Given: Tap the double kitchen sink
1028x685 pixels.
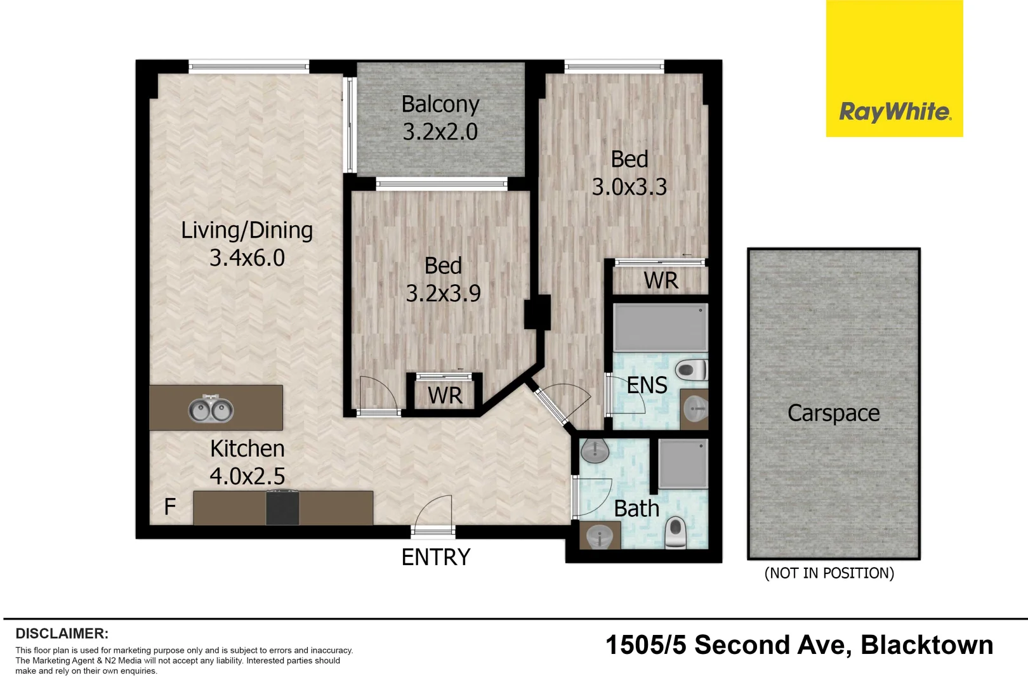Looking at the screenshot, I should click(x=211, y=409).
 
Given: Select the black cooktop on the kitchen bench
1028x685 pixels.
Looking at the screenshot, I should click(x=282, y=509).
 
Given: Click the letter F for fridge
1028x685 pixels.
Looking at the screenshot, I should click(x=169, y=507).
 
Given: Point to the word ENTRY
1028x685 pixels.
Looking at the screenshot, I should click(x=436, y=558).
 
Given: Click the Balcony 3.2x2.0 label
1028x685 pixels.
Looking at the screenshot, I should click(x=440, y=118).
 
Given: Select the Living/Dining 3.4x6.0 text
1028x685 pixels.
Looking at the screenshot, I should click(x=247, y=244).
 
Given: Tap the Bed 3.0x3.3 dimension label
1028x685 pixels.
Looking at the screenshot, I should click(x=629, y=173).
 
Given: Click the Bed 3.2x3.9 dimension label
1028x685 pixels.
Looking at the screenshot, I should click(x=443, y=279).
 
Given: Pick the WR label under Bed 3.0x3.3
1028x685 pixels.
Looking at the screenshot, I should click(x=661, y=280).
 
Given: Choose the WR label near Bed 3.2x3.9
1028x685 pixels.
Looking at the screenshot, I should click(x=445, y=396).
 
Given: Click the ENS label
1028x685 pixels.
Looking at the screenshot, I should click(x=647, y=385).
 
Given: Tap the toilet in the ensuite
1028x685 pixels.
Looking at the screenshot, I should click(x=690, y=369).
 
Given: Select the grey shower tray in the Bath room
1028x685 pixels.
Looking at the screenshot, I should click(x=683, y=464).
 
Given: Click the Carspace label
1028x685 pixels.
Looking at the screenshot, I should click(x=833, y=414).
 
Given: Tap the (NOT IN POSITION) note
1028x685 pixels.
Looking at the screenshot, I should click(x=829, y=573).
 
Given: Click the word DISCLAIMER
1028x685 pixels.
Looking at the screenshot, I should click(x=62, y=634).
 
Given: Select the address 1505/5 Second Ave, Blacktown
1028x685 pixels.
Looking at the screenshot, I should click(x=799, y=646).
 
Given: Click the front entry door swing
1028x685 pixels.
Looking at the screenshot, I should click(x=435, y=512).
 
